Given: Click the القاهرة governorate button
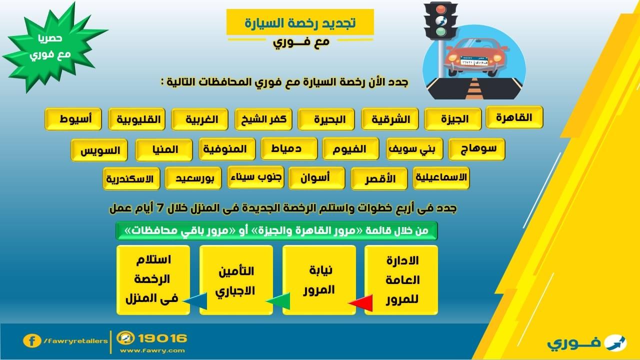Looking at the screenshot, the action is click(x=514, y=117).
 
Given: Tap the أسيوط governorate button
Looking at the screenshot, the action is click(x=73, y=119).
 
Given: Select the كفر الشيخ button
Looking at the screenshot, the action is click(x=263, y=119).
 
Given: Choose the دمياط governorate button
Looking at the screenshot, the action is click(x=289, y=148).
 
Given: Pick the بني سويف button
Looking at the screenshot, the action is click(x=414, y=149).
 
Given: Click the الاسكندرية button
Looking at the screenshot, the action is click(x=131, y=179).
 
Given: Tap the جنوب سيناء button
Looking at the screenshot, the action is click(x=255, y=177).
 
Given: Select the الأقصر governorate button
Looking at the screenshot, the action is click(x=379, y=179).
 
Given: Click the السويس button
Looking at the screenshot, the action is click(x=99, y=150).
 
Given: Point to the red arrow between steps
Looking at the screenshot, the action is click(x=361, y=303).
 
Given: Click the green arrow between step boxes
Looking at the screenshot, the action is click(x=278, y=301).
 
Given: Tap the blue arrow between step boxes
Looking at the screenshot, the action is click(x=195, y=301).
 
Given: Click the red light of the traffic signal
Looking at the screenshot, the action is click(x=441, y=9).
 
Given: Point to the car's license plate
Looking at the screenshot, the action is click(x=474, y=61).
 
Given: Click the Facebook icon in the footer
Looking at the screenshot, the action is click(x=32, y=341).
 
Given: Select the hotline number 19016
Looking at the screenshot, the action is click(x=162, y=338).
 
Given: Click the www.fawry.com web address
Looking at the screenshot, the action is click(x=152, y=350).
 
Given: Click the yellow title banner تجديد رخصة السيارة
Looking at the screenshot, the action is click(x=300, y=22).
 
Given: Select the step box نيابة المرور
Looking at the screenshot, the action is click(x=319, y=280).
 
